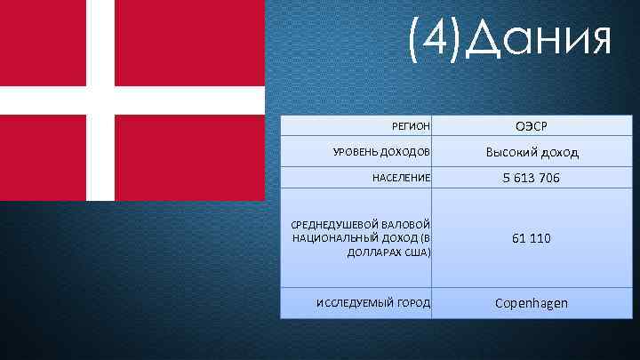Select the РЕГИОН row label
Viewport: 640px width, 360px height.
pyautogui.click(x=411, y=127)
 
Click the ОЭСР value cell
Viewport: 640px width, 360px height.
pyautogui.click(x=532, y=126)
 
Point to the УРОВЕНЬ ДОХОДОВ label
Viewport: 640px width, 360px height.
pyautogui.click(x=381, y=153)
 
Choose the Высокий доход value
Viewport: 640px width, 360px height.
pyautogui.click(x=532, y=152)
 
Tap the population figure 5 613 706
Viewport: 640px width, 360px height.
pyautogui.click(x=532, y=178)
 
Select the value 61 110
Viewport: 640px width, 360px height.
pyautogui.click(x=532, y=238)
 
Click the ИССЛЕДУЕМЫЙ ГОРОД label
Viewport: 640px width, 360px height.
pyautogui.click(x=372, y=304)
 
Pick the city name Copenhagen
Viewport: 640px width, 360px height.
pyautogui.click(x=532, y=303)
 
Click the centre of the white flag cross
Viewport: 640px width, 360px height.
pyautogui.click(x=100, y=100)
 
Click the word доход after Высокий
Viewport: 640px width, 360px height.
pyautogui.click(x=556, y=152)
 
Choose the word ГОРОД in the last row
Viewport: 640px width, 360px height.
pyautogui.click(x=412, y=304)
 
